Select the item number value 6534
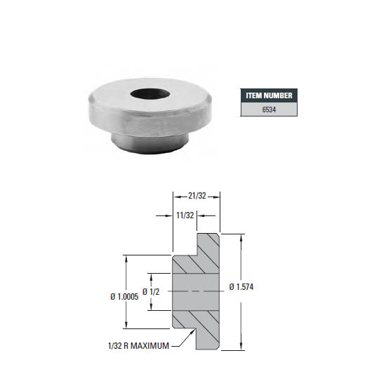click(x=270, y=109)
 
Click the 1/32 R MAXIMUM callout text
click(x=138, y=345)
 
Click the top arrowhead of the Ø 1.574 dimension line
click(x=242, y=237)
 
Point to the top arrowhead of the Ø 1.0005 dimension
click(x=126, y=258)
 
